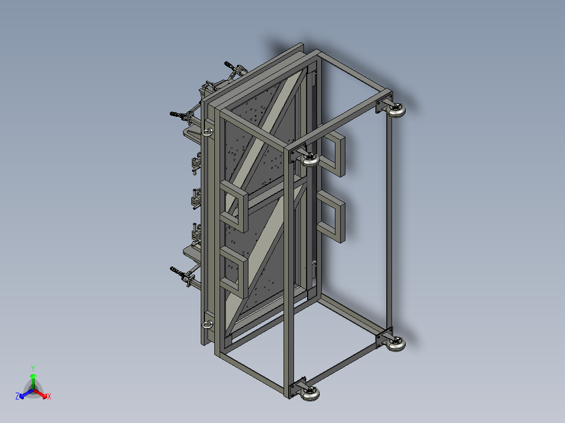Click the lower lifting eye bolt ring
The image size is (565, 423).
pyautogui.click(x=208, y=325)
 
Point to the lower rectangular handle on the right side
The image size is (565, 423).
pyautogui.click(x=333, y=216)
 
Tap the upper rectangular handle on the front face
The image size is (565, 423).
pyautogui.click(x=234, y=206)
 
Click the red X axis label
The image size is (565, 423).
pyautogui.click(x=49, y=397)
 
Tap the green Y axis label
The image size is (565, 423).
pyautogui.click(x=33, y=368)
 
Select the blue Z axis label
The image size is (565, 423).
pyautogui.click(x=17, y=397)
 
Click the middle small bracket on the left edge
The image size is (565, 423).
pyautogui.click(x=197, y=198)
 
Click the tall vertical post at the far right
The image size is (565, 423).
pyautogui.click(x=389, y=220)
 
